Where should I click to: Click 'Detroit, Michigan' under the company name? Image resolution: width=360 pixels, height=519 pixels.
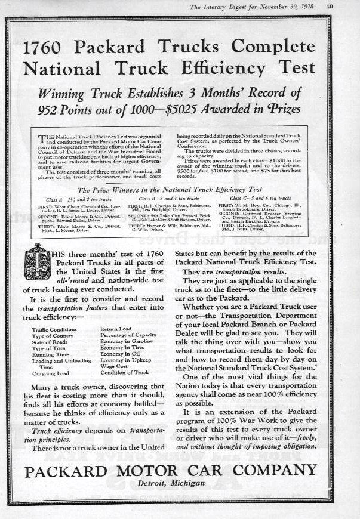[170, 483]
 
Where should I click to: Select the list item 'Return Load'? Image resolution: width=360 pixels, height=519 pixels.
[116, 329]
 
